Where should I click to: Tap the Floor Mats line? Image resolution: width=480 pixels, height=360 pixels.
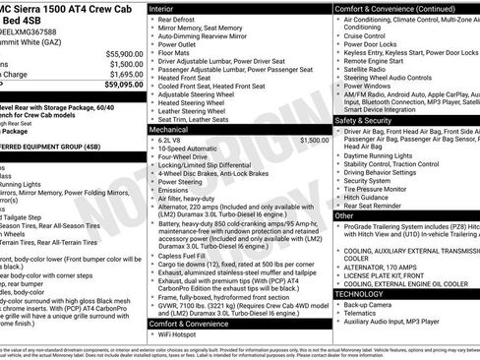(173, 52)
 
